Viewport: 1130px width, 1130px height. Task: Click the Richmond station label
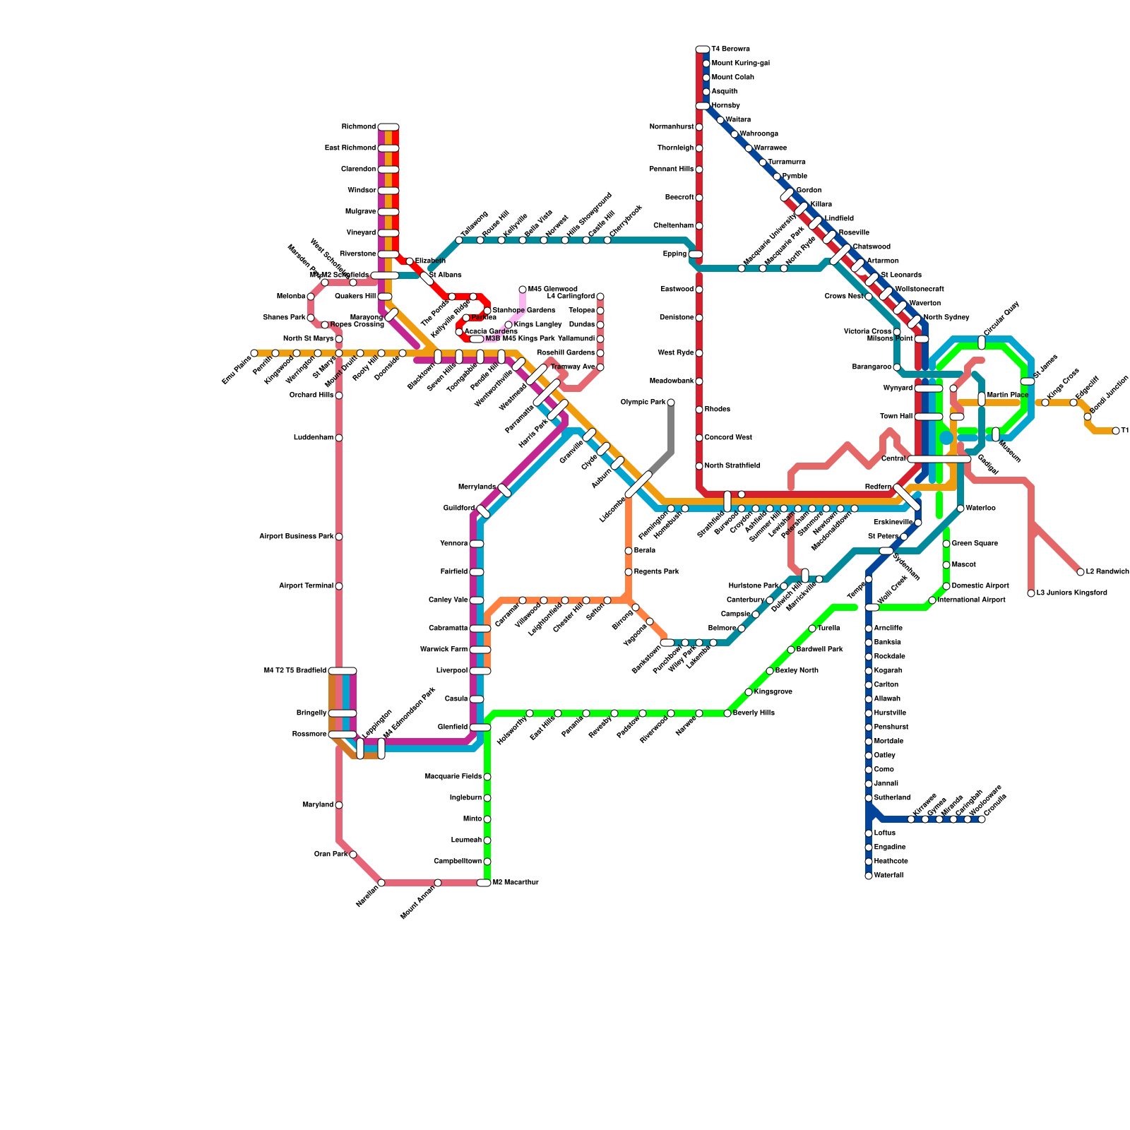click(x=359, y=127)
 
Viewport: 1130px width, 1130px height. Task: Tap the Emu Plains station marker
click(x=254, y=353)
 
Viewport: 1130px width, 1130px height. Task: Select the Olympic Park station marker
click(x=671, y=403)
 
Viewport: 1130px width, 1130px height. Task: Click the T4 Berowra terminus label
click(x=731, y=49)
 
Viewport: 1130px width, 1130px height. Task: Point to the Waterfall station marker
click(x=869, y=876)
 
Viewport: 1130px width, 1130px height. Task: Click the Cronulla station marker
click(x=982, y=819)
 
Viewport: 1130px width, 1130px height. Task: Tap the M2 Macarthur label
click(x=516, y=883)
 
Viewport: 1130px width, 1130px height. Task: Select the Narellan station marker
click(x=381, y=883)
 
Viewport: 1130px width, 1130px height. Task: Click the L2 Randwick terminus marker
click(x=1081, y=572)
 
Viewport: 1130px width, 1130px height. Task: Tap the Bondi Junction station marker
click(x=1088, y=417)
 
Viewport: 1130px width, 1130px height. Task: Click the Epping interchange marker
click(x=696, y=254)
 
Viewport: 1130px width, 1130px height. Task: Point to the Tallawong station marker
click(x=459, y=240)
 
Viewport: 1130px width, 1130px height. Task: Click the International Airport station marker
click(x=932, y=600)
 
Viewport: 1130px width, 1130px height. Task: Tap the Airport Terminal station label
click(x=306, y=586)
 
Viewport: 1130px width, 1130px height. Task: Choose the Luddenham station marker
click(x=339, y=438)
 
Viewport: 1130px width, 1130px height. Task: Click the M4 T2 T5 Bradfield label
click(x=295, y=671)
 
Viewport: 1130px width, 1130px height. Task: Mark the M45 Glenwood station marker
click(x=523, y=290)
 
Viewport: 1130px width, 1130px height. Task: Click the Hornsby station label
click(x=726, y=106)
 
